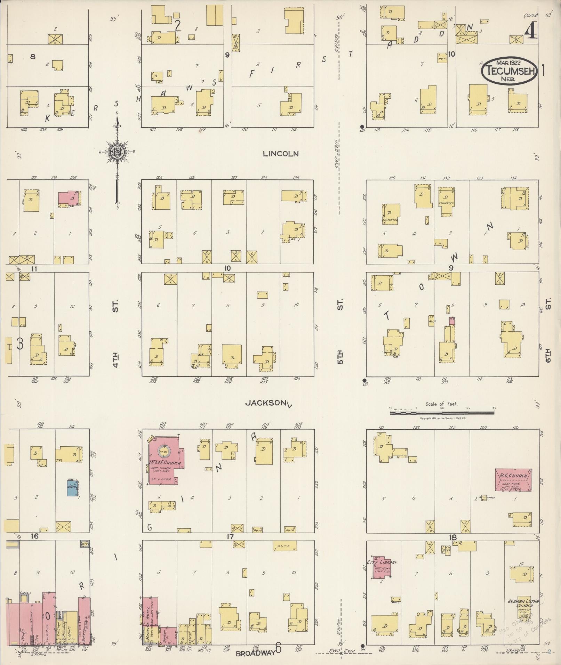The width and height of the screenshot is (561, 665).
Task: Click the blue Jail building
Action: tap(72, 488)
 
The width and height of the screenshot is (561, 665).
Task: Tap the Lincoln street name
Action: tap(281, 154)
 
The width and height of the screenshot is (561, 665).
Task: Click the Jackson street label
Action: tap(264, 403)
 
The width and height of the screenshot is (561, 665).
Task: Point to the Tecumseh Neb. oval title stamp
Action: tap(508, 70)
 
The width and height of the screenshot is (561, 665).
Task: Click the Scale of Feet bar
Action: tap(442, 413)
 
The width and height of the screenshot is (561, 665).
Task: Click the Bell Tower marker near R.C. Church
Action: tap(483, 498)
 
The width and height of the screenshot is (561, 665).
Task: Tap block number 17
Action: tap(230, 537)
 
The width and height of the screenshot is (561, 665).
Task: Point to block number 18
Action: tap(452, 537)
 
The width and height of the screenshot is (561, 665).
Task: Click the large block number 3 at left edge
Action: tap(20, 344)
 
